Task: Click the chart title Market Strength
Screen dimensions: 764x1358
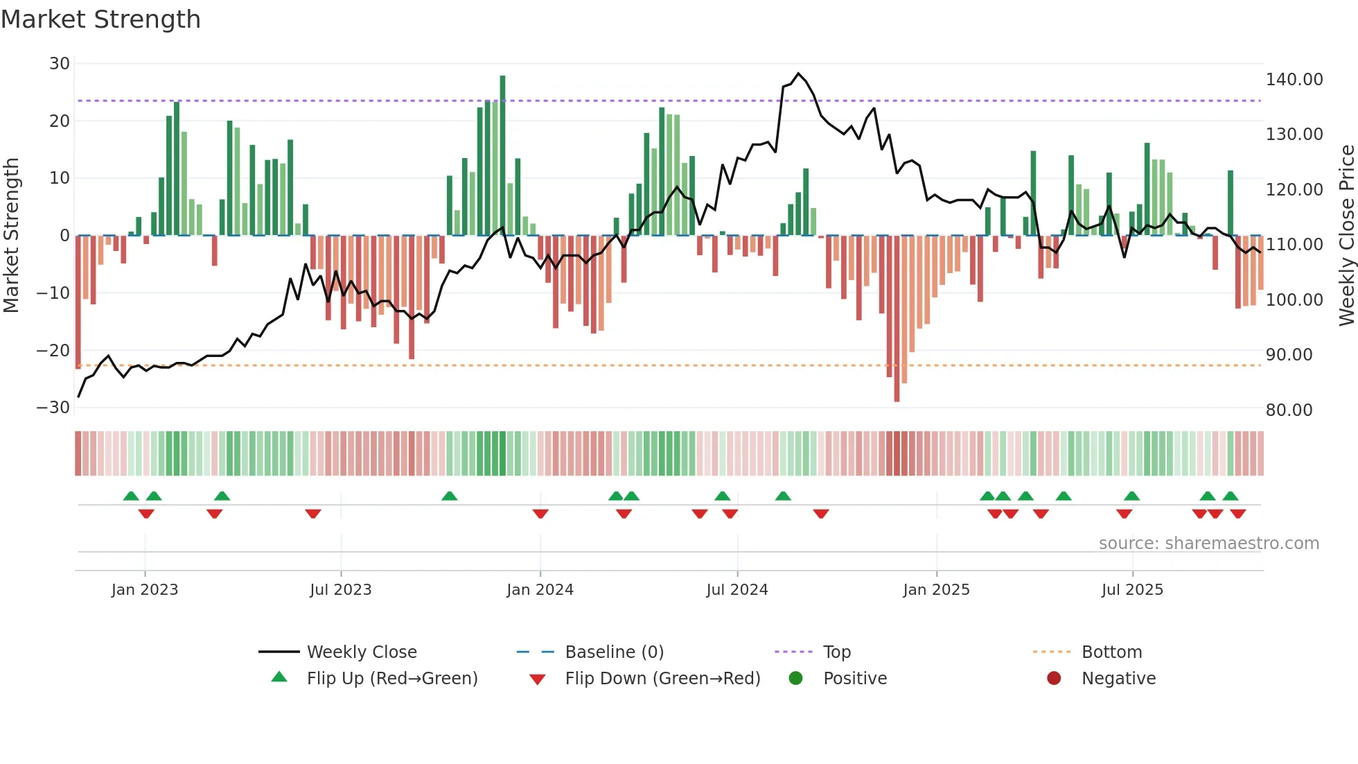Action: coord(100,19)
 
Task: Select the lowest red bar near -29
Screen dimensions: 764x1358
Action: coord(897,319)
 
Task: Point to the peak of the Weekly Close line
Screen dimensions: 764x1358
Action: coord(798,73)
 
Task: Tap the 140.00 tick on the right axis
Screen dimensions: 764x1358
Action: coord(1294,80)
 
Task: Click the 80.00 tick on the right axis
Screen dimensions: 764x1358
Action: coord(1289,410)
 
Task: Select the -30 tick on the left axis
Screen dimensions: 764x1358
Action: coord(53,407)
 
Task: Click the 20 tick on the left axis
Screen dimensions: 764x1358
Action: coord(60,121)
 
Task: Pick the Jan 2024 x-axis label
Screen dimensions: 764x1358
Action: coord(540,589)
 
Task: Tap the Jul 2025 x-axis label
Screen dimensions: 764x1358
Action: coord(1132,589)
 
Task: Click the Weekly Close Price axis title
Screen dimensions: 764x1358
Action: coord(1346,235)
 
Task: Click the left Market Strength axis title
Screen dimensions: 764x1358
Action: coord(11,235)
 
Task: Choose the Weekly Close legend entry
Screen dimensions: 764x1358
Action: coord(361,652)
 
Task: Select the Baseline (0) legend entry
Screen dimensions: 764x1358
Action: coord(614,652)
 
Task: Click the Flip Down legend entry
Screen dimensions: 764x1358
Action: coord(662,678)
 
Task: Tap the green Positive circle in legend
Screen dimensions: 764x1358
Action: coord(795,678)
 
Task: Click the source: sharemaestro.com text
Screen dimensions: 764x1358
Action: coord(1208,543)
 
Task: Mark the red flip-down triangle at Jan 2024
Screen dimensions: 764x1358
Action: coord(540,514)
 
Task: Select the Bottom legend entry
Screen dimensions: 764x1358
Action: coord(1111,652)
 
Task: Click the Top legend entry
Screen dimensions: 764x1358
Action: coord(836,652)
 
